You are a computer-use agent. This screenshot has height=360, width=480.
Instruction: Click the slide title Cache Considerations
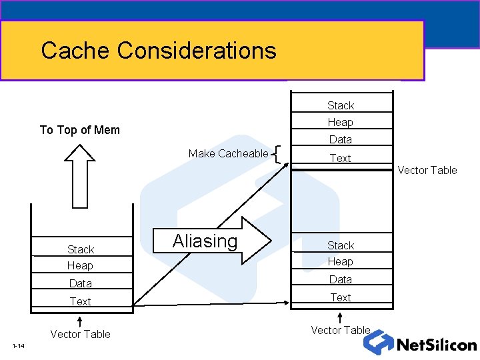tap(158, 50)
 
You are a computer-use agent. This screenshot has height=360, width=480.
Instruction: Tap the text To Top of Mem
tap(80, 130)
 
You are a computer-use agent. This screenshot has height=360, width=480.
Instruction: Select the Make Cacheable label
tap(228, 153)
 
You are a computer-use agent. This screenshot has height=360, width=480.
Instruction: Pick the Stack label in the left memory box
tap(81, 249)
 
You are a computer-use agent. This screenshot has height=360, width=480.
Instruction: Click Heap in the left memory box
tap(80, 265)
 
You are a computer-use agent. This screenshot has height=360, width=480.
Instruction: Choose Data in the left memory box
tap(81, 283)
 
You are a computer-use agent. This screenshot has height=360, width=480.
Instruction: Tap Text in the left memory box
tap(81, 301)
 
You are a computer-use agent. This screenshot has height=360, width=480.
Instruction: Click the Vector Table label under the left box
tap(80, 334)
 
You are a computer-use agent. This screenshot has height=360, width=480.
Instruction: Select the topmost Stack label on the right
tap(341, 105)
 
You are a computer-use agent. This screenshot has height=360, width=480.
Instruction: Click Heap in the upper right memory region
tap(341, 122)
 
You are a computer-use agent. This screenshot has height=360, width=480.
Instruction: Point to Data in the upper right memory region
tap(341, 139)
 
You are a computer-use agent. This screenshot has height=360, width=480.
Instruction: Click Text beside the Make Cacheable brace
tap(341, 158)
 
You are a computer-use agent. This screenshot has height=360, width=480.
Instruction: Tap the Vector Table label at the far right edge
tap(427, 170)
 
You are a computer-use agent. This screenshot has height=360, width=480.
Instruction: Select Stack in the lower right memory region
tap(341, 245)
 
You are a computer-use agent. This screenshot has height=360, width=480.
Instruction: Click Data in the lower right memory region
tap(341, 279)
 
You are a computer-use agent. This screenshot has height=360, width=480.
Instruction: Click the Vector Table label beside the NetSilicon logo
tap(341, 330)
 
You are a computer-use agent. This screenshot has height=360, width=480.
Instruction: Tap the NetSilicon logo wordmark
tap(436, 345)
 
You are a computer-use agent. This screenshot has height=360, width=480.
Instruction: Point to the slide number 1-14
tap(18, 346)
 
